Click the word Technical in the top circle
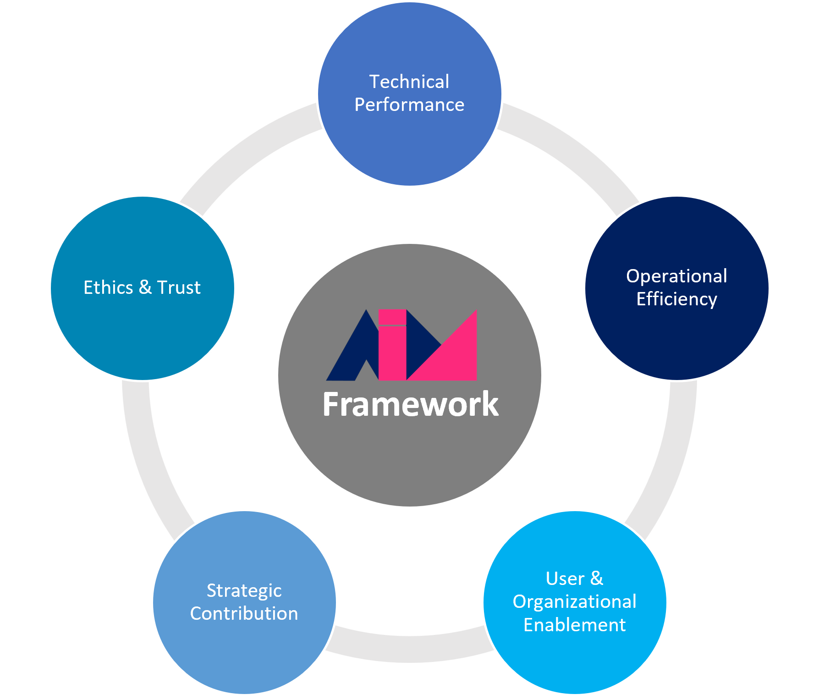(409, 82)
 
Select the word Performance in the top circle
(409, 105)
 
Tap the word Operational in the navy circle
(676, 276)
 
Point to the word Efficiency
(676, 299)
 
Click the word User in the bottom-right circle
(565, 579)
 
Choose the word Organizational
(574, 602)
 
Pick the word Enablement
(574, 625)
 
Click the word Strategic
(244, 591)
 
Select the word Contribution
(244, 614)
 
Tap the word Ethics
(108, 288)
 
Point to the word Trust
(179, 288)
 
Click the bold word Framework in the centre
(410, 404)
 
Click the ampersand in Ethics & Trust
(145, 288)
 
